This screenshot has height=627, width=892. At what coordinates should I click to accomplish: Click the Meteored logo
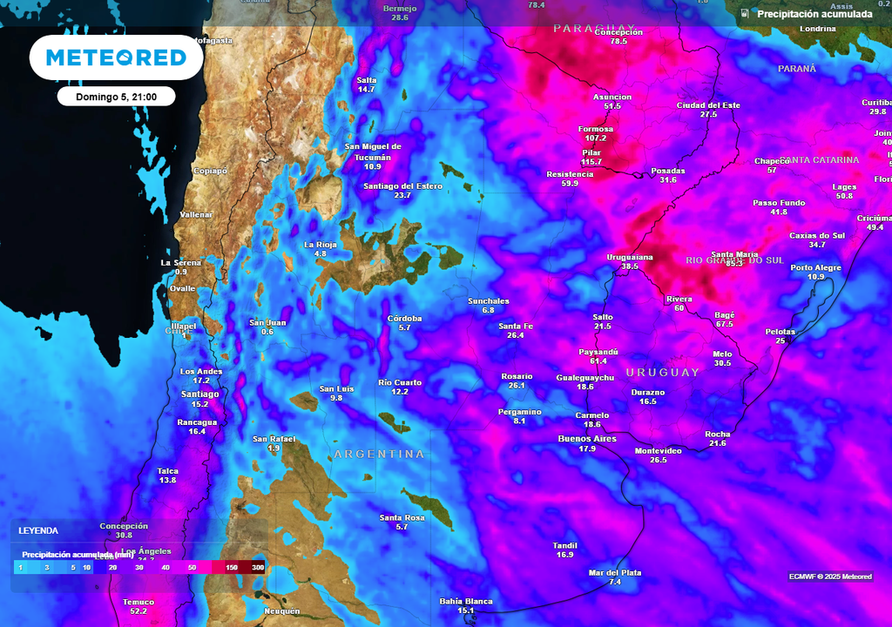pyautogui.click(x=116, y=57)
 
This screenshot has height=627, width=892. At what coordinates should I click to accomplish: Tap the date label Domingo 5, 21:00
pyautogui.click(x=116, y=97)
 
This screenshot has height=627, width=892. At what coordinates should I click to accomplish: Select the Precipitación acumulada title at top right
pyautogui.click(x=814, y=14)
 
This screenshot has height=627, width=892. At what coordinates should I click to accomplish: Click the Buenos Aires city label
pyautogui.click(x=586, y=439)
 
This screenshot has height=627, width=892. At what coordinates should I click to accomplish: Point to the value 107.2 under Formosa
pyautogui.click(x=596, y=138)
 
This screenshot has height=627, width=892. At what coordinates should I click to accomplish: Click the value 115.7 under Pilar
pyautogui.click(x=591, y=162)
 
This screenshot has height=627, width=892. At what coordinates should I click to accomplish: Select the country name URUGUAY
pyautogui.click(x=662, y=373)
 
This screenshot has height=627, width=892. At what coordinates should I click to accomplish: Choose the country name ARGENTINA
pyautogui.click(x=380, y=455)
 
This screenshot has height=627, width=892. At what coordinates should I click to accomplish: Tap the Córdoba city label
pyautogui.click(x=404, y=319)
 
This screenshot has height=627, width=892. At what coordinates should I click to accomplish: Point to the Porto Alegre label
pyautogui.click(x=816, y=267)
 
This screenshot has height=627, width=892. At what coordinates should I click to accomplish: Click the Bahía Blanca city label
pyautogui.click(x=466, y=601)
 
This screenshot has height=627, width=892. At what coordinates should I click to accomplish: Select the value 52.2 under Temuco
pyautogui.click(x=139, y=612)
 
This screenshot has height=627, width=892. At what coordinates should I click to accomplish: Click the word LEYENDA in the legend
pyautogui.click(x=38, y=530)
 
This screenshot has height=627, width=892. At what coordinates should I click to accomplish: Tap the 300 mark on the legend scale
pyautogui.click(x=258, y=568)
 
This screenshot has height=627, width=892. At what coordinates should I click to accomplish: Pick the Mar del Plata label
pyautogui.click(x=615, y=572)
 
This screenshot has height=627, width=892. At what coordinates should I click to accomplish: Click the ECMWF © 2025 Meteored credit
pyautogui.click(x=830, y=576)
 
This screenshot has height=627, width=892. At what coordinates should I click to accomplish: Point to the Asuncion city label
pyautogui.click(x=612, y=97)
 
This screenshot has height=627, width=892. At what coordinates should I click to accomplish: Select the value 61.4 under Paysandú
pyautogui.click(x=598, y=361)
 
